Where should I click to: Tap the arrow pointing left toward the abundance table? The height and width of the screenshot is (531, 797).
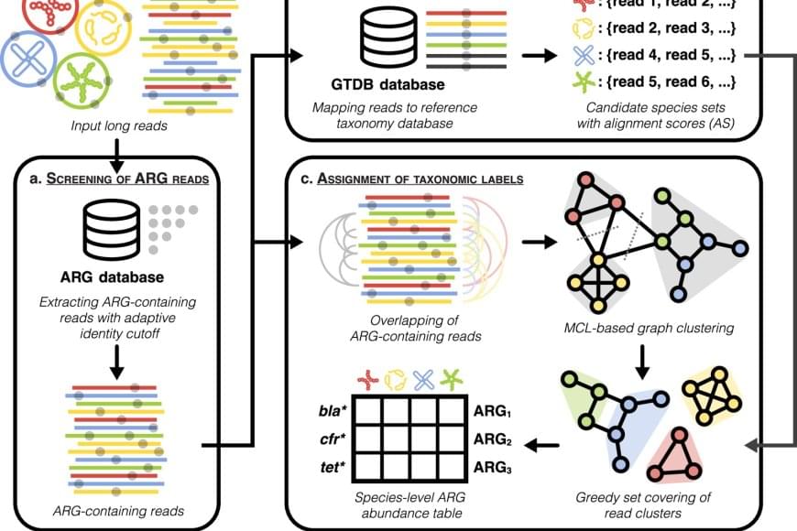(543, 446)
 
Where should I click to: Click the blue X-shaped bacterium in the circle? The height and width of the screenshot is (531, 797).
(27, 56)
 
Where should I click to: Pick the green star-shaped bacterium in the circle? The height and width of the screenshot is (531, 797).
(83, 82)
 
